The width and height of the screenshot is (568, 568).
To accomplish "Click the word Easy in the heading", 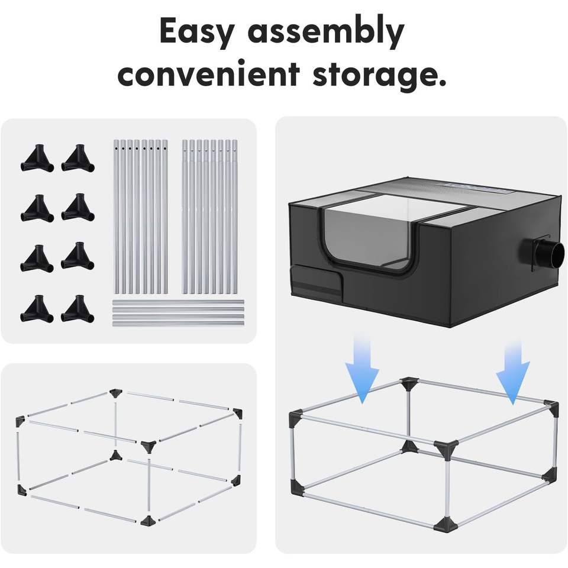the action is click(196, 33).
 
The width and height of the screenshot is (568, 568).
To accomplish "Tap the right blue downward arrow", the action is click(512, 366).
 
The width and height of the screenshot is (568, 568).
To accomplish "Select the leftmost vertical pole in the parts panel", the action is click(116, 217).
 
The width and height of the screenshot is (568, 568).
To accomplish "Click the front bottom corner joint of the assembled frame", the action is click(445, 524).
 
